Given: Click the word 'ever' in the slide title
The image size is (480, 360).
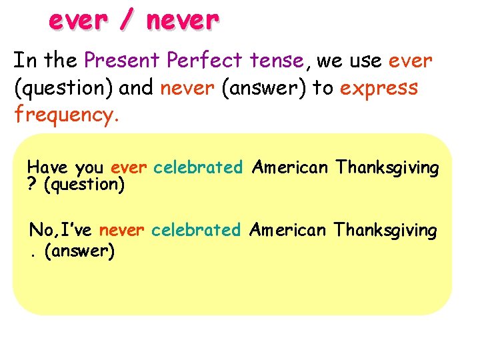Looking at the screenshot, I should (x=76, y=21).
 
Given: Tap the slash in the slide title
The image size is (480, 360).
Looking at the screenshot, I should (x=125, y=21).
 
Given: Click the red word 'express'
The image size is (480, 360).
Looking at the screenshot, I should (x=379, y=88).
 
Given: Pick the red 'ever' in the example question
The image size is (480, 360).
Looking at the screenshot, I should (x=129, y=167).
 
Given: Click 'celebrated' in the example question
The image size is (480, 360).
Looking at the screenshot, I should (x=197, y=167).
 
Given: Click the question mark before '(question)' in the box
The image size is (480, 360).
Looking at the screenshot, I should (x=32, y=184).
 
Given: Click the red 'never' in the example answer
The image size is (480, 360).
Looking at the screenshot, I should (x=121, y=231).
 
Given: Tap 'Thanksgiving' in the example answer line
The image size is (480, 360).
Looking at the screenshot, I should (x=385, y=231).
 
